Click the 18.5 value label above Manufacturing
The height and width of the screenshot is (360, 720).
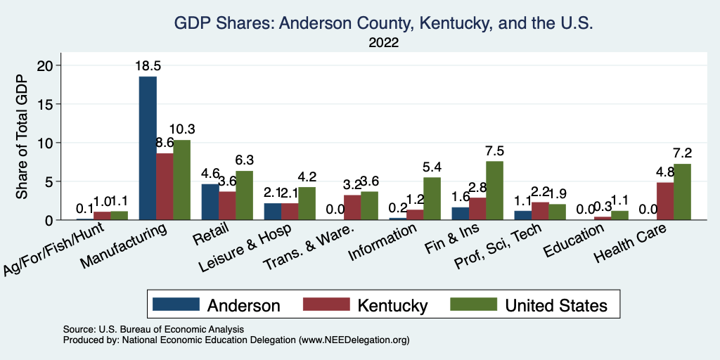(x=148, y=66)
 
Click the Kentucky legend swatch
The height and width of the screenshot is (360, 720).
(x=326, y=304)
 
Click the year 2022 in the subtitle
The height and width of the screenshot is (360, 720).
(x=383, y=43)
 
